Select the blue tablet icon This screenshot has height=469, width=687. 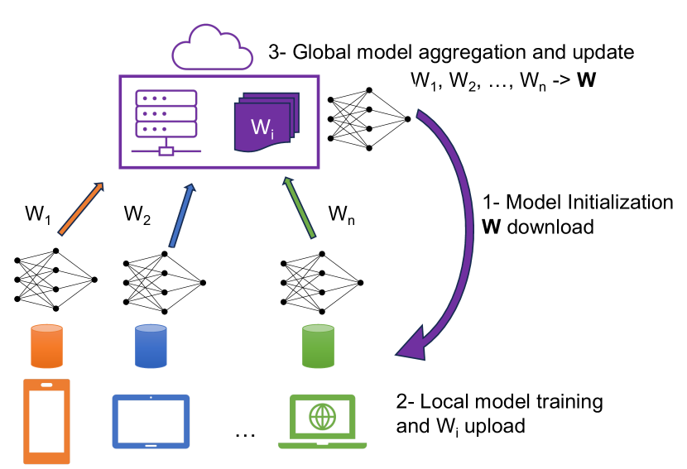click(151, 420)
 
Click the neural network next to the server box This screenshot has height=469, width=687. click(369, 119)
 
